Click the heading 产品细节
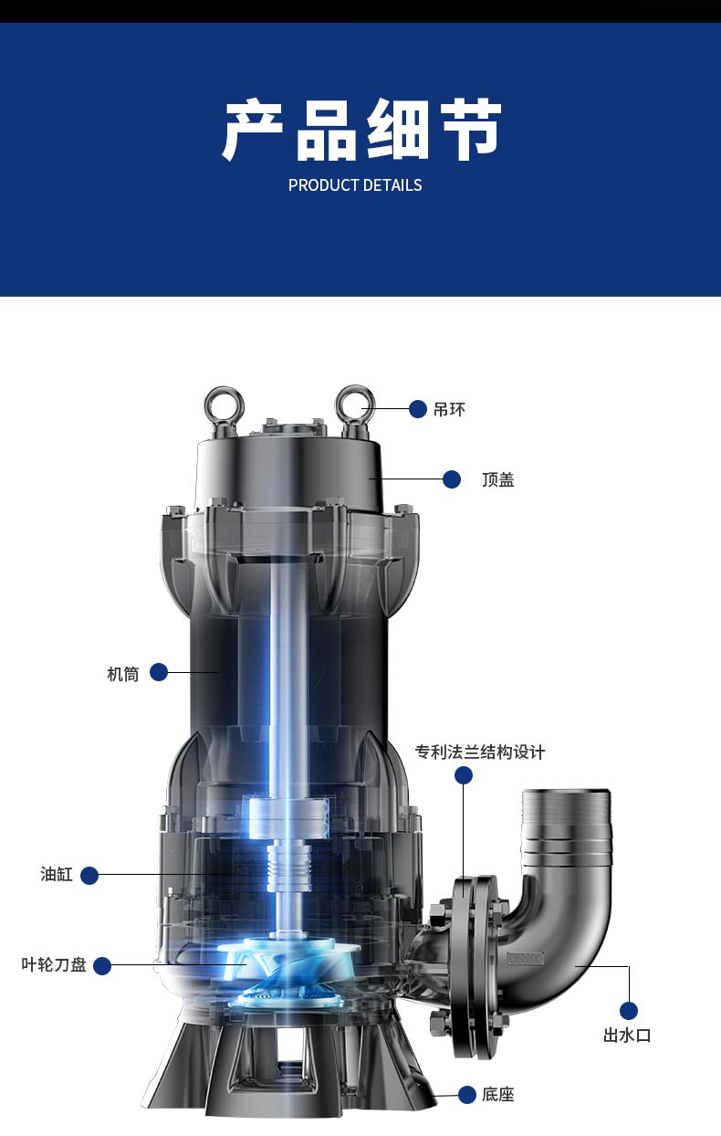361,131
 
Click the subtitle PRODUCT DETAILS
355,185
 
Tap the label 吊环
449,409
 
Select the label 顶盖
498,479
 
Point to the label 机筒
122,674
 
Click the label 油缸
57,874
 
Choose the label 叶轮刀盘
54,964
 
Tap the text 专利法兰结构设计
480,752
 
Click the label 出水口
627,1035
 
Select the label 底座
497,1094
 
